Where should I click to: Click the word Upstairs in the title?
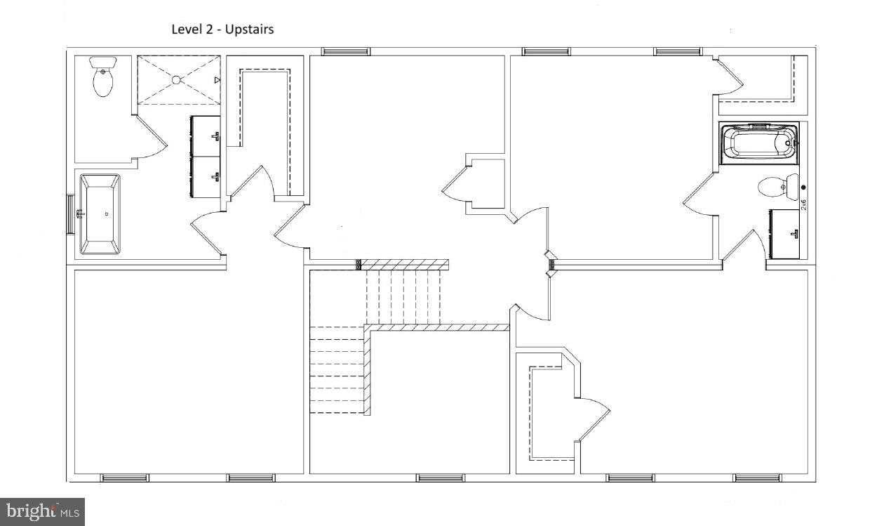point(249,29)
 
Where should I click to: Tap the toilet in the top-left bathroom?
point(103,79)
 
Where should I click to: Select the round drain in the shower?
point(176,79)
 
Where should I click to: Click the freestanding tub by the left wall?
point(100,214)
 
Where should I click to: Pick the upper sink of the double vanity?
point(206,136)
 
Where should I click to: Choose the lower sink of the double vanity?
point(206,176)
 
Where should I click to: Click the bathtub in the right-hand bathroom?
point(759,143)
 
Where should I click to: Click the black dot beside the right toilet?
point(803,188)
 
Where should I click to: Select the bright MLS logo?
point(42,511)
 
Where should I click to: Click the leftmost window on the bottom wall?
point(124,478)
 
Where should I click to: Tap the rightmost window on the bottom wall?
point(758,478)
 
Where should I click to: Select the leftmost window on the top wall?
point(346,51)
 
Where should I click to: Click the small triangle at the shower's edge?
point(217,81)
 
